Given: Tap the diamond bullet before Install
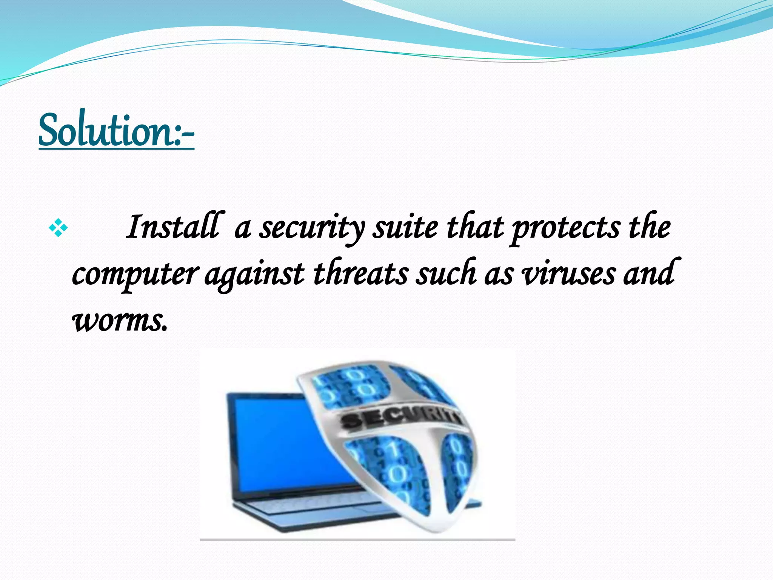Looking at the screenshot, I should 58,228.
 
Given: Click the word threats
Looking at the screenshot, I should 360,273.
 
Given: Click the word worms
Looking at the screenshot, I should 119,321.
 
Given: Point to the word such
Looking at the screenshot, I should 445,273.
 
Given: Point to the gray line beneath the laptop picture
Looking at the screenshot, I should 357,540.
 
